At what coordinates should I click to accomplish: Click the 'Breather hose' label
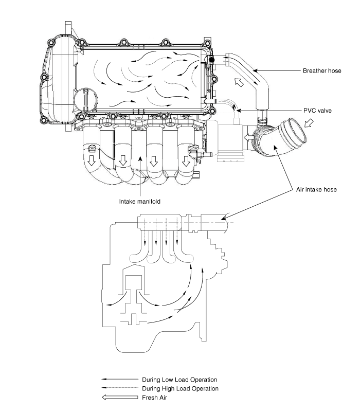click(x=322, y=70)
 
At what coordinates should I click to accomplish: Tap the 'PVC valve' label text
click(x=317, y=111)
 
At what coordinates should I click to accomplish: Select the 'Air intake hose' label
click(x=316, y=190)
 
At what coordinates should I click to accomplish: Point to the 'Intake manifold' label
click(x=139, y=202)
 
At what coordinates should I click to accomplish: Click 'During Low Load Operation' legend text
click(x=179, y=380)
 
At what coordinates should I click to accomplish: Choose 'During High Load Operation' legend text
click(x=180, y=388)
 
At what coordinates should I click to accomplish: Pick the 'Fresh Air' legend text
click(x=154, y=398)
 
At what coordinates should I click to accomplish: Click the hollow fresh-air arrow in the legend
click(x=120, y=397)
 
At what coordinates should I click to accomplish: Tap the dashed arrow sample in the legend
click(x=120, y=387)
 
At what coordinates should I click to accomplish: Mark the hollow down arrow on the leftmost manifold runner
click(x=92, y=160)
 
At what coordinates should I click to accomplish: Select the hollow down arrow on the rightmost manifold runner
click(x=186, y=161)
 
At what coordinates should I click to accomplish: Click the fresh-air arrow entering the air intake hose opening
click(x=309, y=123)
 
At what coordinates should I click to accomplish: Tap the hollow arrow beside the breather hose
click(x=239, y=82)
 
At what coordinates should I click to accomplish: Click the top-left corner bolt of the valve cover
click(x=50, y=43)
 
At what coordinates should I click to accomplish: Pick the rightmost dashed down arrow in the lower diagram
click(x=177, y=231)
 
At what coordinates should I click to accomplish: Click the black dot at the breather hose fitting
click(x=212, y=60)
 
